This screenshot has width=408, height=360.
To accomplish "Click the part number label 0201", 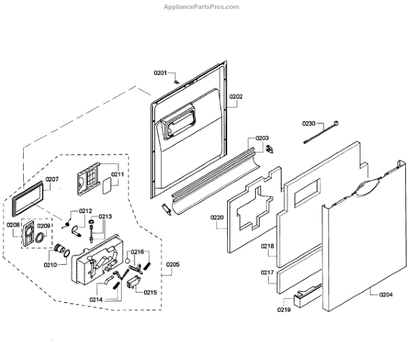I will click(x=160, y=73).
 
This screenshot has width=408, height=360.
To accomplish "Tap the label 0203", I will click(x=262, y=138).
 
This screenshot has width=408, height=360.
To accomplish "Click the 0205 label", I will click(x=173, y=263).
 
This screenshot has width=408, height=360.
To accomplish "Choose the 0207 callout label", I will click(x=52, y=180).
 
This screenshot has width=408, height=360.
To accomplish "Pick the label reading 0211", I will click(x=118, y=174).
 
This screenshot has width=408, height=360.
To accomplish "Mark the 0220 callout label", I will click(x=217, y=218).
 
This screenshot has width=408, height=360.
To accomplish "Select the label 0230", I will click(x=309, y=124).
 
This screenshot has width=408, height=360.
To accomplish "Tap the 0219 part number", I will click(x=284, y=310).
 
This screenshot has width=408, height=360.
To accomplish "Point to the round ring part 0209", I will click(x=43, y=239).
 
